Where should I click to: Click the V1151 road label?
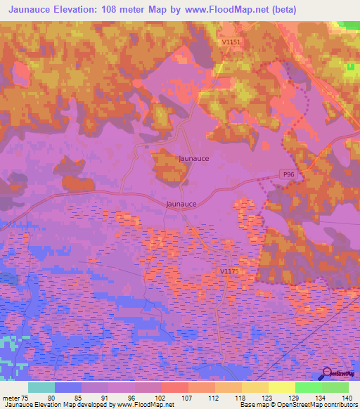coord(231,42)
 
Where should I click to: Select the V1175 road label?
coord(229,271)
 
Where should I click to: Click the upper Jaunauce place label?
coord(193,159)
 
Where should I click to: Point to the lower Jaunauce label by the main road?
coord(181,204)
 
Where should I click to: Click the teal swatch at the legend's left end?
coord(41,387)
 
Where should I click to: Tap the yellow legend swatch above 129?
coord(281,387)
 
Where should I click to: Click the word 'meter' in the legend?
coord(11,398)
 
